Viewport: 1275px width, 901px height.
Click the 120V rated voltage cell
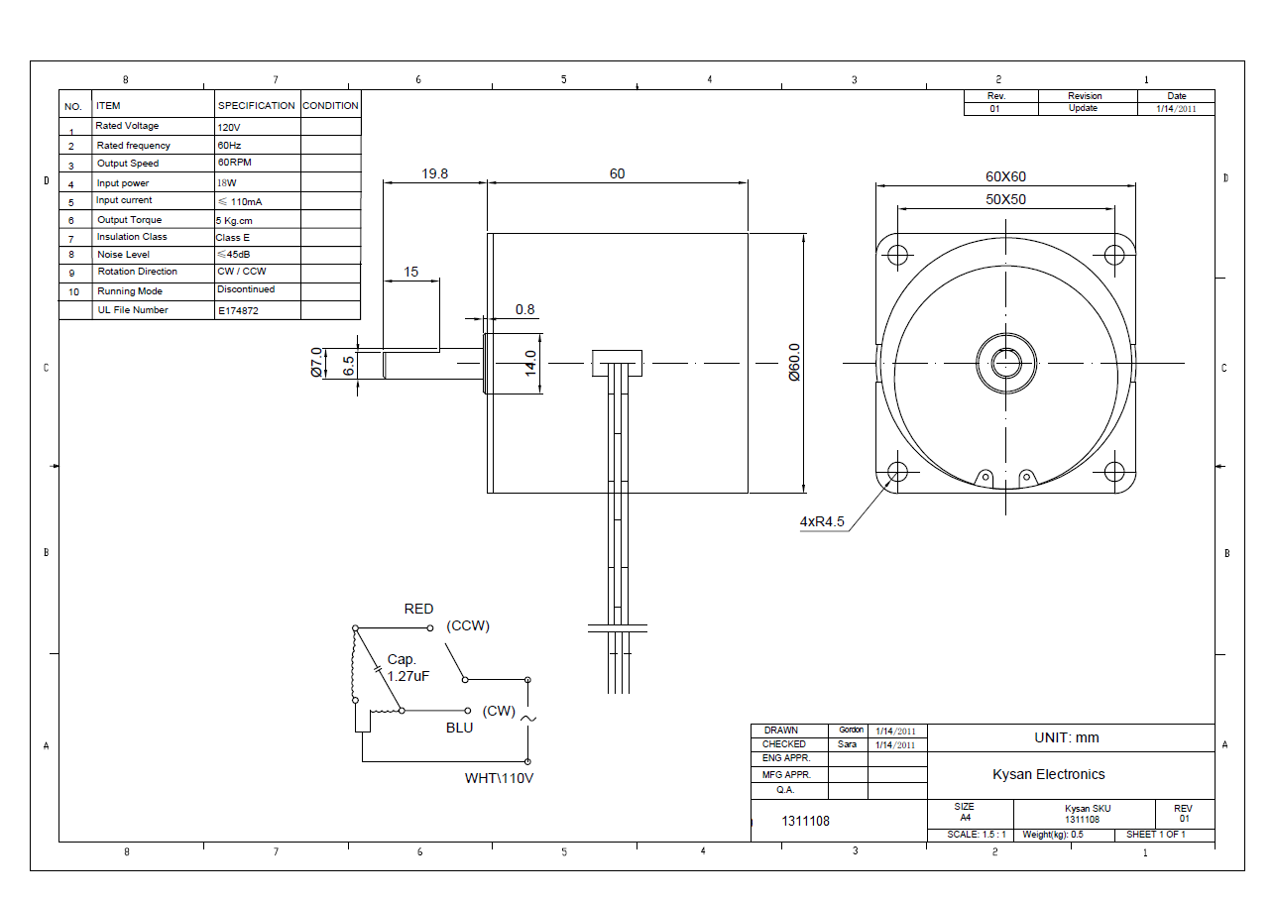(x=228, y=128)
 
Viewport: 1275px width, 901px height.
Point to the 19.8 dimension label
(x=434, y=173)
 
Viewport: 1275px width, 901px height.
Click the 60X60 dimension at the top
(x=1005, y=176)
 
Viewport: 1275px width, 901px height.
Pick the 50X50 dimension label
(x=1005, y=199)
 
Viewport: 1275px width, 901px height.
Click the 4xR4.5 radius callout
(x=822, y=521)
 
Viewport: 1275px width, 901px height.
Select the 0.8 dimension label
(x=524, y=309)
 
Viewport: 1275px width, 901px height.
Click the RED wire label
(x=418, y=609)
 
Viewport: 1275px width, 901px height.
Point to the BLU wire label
(x=459, y=728)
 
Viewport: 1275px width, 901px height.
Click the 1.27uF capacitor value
(x=407, y=676)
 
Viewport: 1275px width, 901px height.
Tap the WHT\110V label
(x=499, y=778)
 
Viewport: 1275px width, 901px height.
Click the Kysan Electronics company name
(x=1048, y=774)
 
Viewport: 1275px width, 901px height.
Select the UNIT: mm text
(x=1066, y=737)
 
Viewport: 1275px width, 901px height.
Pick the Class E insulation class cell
(x=233, y=238)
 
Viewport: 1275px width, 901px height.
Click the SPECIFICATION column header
(x=257, y=105)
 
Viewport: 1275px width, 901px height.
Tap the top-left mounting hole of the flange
(x=897, y=255)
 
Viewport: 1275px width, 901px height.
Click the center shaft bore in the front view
(x=1005, y=363)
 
